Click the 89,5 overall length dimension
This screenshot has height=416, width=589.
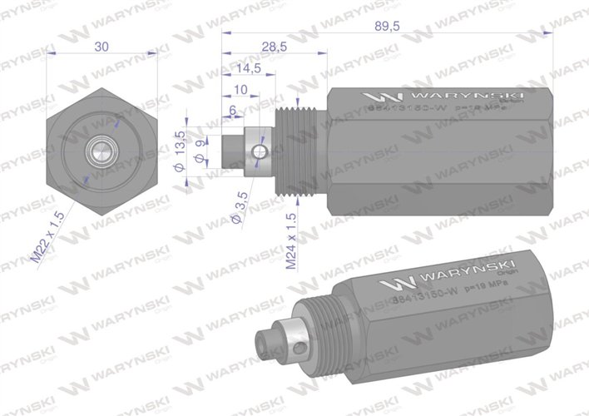[x=389, y=27]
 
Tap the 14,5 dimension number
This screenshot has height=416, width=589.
[x=249, y=67]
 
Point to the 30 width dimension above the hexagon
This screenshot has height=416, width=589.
[x=101, y=47]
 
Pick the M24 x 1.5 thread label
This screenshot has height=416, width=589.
[x=290, y=241]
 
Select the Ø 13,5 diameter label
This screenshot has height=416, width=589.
[x=178, y=148]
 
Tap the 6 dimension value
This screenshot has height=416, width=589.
[x=231, y=108]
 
